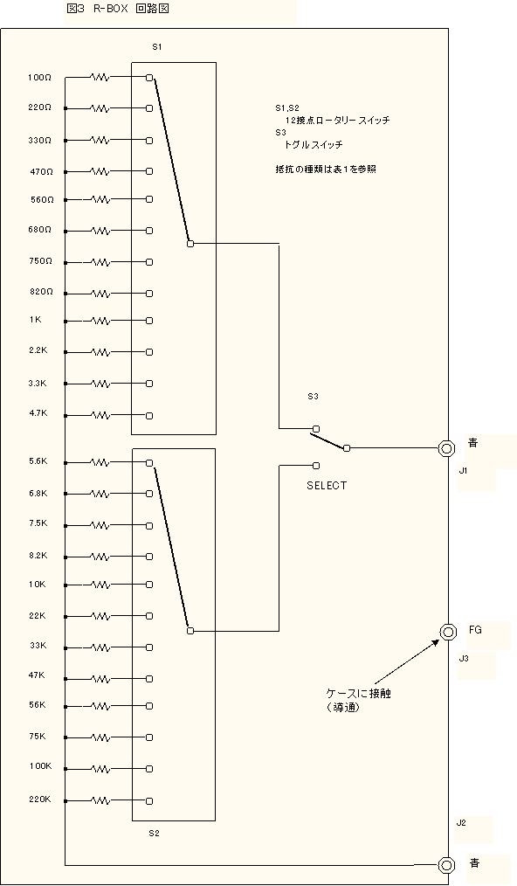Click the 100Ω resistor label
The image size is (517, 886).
tap(39, 78)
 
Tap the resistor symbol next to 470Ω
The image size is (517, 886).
tap(100, 171)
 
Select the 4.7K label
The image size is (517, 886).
tap(38, 413)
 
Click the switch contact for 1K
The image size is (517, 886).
tap(149, 321)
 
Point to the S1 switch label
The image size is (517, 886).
tap(157, 47)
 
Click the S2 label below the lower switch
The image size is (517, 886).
tap(155, 833)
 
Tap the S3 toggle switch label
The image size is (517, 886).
tap(313, 396)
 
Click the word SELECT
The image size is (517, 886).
tap(327, 486)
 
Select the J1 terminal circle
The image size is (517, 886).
tap(447, 448)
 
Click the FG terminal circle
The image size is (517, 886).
tap(448, 631)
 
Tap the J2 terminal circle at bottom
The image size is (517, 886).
tap(447, 864)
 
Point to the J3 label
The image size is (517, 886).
tap(464, 658)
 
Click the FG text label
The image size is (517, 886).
tap(475, 629)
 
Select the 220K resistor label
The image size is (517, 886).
tap(40, 799)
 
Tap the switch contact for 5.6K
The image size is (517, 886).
tap(149, 463)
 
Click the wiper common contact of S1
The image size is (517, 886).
tap(190, 244)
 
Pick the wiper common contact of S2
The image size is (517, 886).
tap(190, 631)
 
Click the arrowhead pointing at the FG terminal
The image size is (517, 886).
tap(436, 642)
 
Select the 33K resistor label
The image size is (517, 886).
tap(38, 646)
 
